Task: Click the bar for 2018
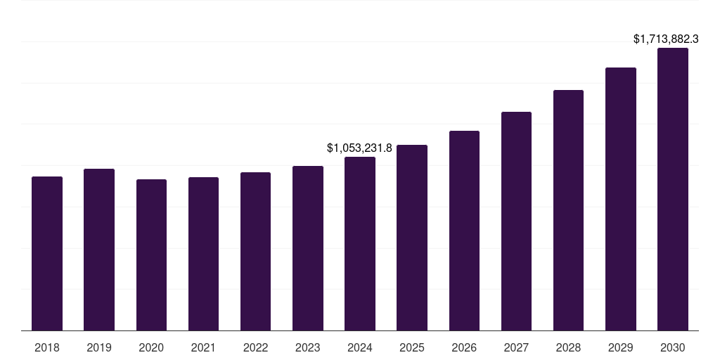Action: click(x=47, y=253)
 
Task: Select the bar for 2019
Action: click(x=99, y=250)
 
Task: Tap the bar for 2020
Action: click(x=151, y=255)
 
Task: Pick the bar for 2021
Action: click(x=203, y=254)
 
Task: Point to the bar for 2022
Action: click(x=255, y=251)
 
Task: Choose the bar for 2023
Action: click(x=308, y=248)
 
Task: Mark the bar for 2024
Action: click(x=360, y=243)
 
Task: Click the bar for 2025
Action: click(x=412, y=238)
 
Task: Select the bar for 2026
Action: click(x=464, y=231)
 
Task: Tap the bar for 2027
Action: click(x=516, y=221)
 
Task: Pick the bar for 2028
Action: click(x=568, y=210)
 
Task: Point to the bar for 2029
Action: click(x=620, y=199)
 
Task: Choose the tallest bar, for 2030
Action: click(x=673, y=189)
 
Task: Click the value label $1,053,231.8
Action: click(x=359, y=148)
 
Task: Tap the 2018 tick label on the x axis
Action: click(x=47, y=347)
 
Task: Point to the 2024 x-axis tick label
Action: click(x=360, y=347)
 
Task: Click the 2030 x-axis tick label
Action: click(x=673, y=347)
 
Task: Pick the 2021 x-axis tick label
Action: click(x=203, y=347)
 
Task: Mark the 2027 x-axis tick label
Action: click(x=516, y=347)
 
